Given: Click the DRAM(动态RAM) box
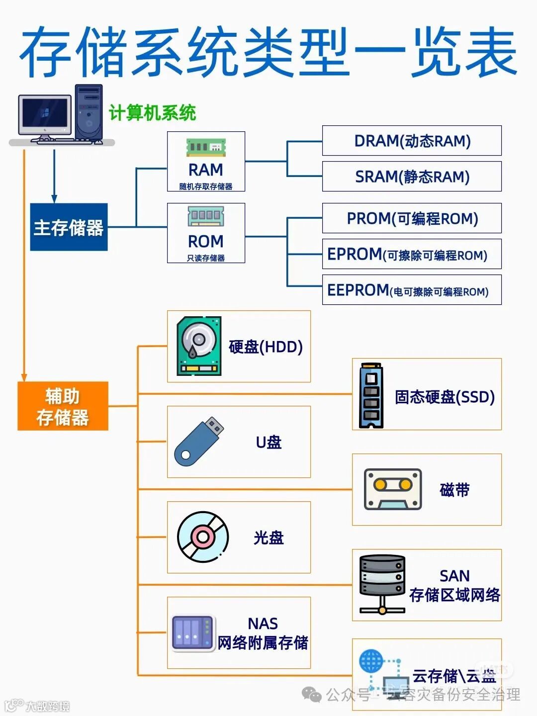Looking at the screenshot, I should pos(412,141).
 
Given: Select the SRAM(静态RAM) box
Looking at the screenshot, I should pos(412,177).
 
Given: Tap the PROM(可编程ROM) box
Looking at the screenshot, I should pos(412,218).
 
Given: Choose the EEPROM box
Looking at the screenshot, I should pos(412,290).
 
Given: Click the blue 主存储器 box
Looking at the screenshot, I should pos(69,227).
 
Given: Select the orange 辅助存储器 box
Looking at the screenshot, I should pos(63,406).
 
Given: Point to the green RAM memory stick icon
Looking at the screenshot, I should pos(206,147).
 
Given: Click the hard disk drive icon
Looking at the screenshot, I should pos(199,346).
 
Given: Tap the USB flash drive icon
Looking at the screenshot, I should pos(199,441).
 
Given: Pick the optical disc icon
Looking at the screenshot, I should pos(203,537).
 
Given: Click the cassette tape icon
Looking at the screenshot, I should pos(393,489).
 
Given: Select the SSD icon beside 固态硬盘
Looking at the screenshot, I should pos(371,395).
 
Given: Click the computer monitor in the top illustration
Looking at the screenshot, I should pos(45,115).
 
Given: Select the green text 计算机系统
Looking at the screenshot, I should pos(153,113).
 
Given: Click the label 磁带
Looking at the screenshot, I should pos(454,490).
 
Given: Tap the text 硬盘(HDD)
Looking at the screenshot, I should pos(266,347).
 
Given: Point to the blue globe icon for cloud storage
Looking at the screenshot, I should pos(371,661).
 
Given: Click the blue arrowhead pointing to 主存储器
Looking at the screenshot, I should pos(54,199).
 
